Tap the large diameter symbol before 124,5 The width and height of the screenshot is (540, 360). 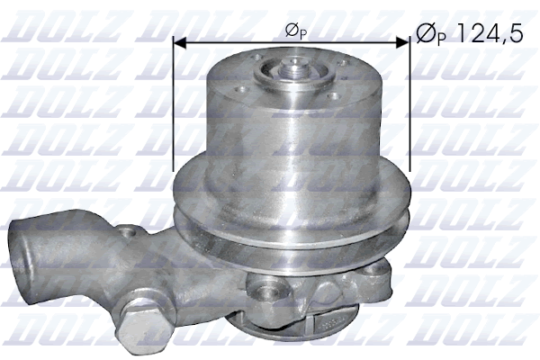coord(425,35)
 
